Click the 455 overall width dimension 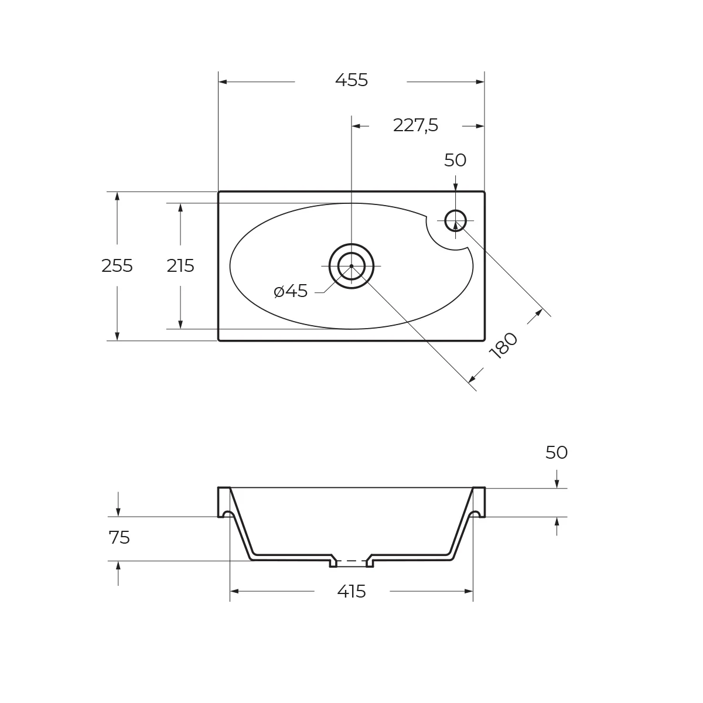(x=351, y=80)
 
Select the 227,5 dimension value (x=415, y=125)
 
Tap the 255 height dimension (x=117, y=266)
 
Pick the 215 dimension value (x=180, y=266)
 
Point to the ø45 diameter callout (x=291, y=291)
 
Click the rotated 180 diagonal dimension (x=503, y=346)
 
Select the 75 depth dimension (x=119, y=538)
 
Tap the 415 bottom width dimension (x=351, y=592)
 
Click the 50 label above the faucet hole (x=455, y=160)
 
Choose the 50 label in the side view (x=557, y=453)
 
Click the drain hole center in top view (x=351, y=266)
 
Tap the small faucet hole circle (x=455, y=221)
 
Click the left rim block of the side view (x=223, y=501)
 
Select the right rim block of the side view (x=479, y=501)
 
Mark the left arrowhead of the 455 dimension (x=223, y=82)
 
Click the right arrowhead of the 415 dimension (x=469, y=592)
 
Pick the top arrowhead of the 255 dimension (x=117, y=196)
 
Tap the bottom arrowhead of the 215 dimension (x=180, y=325)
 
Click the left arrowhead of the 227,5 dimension (x=356, y=126)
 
